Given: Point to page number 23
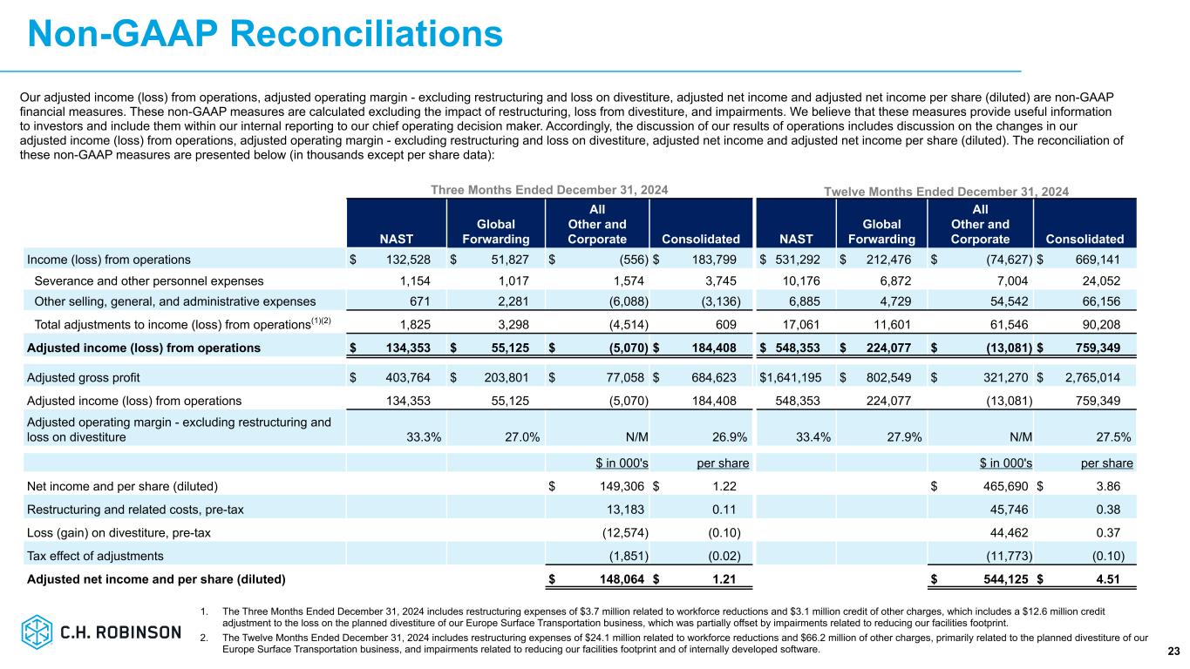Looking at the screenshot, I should coord(1170,652).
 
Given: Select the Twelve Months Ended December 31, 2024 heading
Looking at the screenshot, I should coord(947,191).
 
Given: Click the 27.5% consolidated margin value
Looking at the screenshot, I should coord(1115,437).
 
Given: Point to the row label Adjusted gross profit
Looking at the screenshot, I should coord(84,377).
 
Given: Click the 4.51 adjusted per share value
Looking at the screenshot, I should coord(1120,578).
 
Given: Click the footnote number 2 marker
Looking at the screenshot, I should coord(203,638).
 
